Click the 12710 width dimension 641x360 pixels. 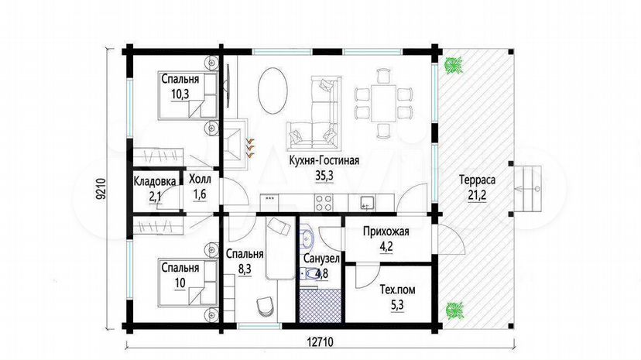[x=319, y=341]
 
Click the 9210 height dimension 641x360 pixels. [x=101, y=189]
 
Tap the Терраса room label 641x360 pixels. [x=477, y=180]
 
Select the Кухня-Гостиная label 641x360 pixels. [x=324, y=160]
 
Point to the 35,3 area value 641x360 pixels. [x=324, y=176]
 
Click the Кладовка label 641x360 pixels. [x=155, y=181]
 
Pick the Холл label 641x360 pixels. [x=200, y=179]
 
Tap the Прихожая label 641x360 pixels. [x=386, y=232]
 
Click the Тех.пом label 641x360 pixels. [x=397, y=290]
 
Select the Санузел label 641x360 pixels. [x=321, y=259]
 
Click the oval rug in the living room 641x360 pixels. [x=273, y=91]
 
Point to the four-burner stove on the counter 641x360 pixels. [x=324, y=203]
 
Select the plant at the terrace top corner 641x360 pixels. [x=454, y=65]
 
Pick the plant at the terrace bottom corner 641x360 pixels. [x=454, y=311]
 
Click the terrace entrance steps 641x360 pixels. [x=528, y=189]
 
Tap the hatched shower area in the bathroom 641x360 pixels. [x=320, y=305]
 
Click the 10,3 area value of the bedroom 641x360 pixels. [x=180, y=94]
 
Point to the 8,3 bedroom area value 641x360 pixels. [x=244, y=269]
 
